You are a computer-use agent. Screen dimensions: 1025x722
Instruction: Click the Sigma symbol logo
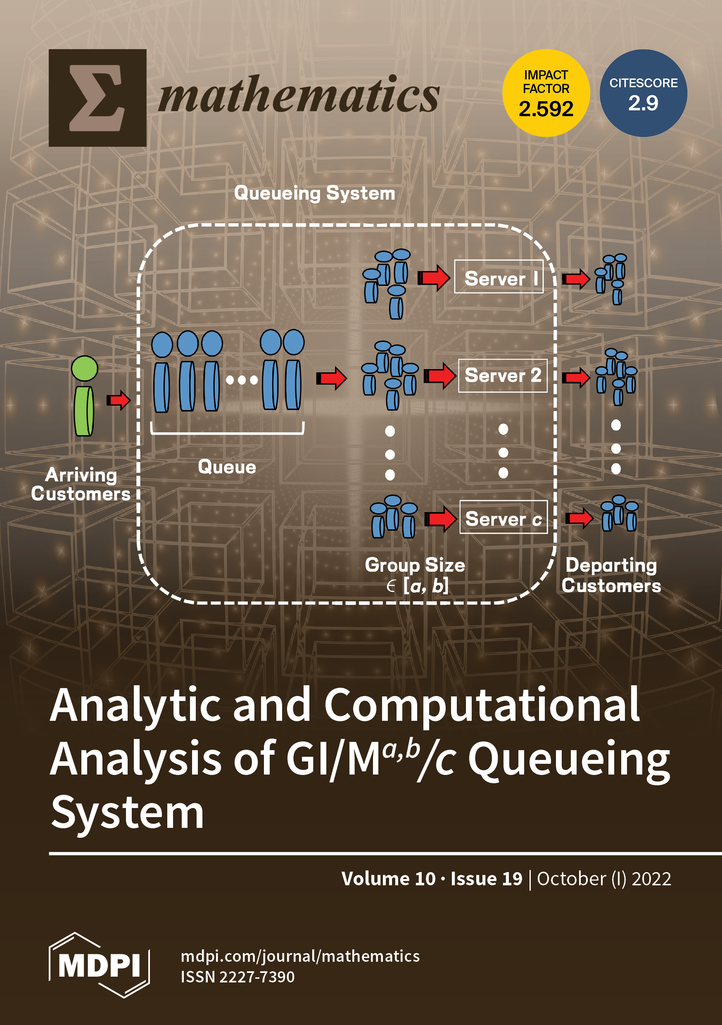(x=97, y=98)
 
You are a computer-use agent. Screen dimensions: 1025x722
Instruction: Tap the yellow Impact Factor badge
(x=546, y=93)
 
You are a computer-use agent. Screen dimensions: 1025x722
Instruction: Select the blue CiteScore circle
(x=643, y=93)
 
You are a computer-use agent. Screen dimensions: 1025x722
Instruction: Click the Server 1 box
(x=499, y=277)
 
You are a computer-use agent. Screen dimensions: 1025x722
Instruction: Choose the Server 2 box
(x=502, y=375)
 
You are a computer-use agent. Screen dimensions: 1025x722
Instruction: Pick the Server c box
(x=503, y=517)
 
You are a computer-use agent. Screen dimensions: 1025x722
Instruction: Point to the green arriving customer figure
(x=84, y=396)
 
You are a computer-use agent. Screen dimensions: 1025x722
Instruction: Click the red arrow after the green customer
(x=118, y=400)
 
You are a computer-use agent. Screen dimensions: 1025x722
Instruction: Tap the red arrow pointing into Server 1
(x=434, y=278)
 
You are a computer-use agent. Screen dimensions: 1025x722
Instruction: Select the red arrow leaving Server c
(x=579, y=518)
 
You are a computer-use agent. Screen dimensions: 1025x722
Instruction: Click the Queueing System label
(x=315, y=193)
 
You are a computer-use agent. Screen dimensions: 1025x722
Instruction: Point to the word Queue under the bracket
(x=227, y=467)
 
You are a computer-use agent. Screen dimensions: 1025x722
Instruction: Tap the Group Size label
(x=415, y=565)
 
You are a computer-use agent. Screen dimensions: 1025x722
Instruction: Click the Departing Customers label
(x=611, y=575)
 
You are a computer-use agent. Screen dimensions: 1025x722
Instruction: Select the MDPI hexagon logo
(x=99, y=965)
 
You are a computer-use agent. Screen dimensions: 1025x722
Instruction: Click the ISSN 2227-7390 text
(x=237, y=977)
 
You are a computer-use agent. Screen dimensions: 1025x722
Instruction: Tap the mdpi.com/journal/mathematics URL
(x=300, y=956)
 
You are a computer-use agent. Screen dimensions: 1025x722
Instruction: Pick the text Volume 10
(x=388, y=879)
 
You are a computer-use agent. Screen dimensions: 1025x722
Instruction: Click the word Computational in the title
(x=482, y=706)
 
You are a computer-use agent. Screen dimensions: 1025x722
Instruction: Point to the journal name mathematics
(x=299, y=95)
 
